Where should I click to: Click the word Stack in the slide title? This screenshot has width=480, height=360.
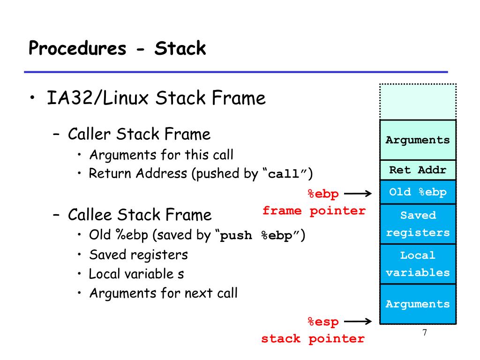point(180,48)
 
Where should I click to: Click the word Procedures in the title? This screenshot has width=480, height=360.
point(77,48)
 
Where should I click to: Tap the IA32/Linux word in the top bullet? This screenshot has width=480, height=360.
point(97,97)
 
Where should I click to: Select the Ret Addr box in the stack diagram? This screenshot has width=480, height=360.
point(418,170)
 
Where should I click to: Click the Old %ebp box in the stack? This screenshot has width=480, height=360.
point(418,192)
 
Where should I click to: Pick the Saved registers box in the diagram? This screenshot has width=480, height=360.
point(418,224)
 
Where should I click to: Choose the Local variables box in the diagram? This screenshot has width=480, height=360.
point(418,264)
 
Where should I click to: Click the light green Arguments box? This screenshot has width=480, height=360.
point(418,140)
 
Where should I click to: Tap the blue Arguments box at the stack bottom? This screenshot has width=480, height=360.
point(418,304)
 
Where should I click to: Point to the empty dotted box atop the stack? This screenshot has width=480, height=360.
point(418,102)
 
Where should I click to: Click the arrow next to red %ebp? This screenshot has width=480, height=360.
point(358,194)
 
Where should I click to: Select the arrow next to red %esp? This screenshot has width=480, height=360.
point(358,322)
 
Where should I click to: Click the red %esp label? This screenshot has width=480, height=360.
point(323,322)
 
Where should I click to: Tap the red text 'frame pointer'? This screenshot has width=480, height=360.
point(314,210)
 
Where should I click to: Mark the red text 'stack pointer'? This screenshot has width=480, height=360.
point(313,338)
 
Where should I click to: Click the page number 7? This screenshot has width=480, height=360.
point(425,332)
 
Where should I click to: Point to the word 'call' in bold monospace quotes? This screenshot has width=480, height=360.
point(284,174)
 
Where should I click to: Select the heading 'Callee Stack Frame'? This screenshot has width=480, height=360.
point(140,214)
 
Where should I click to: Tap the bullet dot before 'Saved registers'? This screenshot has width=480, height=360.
point(79,255)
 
